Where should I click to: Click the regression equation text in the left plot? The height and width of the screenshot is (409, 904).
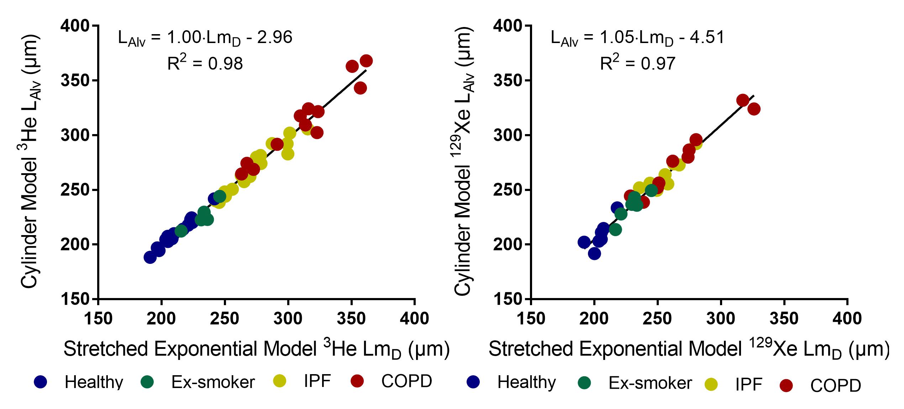[205, 38]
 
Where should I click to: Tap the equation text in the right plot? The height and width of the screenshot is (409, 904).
[637, 38]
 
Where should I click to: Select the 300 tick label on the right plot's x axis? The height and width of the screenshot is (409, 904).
[721, 318]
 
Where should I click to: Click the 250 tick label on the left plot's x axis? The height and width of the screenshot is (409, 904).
[225, 318]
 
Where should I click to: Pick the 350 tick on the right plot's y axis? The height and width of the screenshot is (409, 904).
[509, 81]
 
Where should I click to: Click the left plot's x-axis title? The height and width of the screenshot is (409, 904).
[256, 349]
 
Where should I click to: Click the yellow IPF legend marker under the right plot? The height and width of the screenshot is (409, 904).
[711, 384]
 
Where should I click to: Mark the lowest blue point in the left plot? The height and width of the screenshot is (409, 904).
[150, 257]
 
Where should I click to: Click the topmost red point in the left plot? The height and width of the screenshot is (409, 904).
[366, 61]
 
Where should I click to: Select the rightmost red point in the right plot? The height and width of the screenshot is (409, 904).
[754, 109]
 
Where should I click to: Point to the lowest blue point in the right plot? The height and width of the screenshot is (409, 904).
[594, 254]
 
